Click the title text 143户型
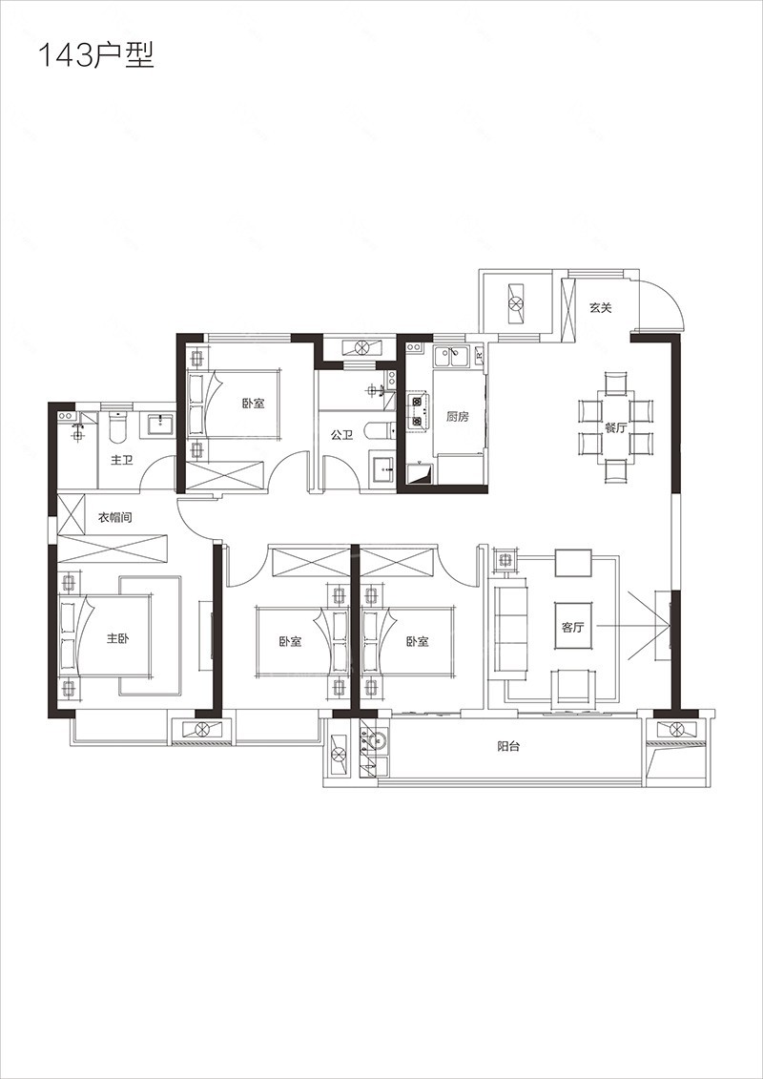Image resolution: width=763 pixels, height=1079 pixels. coord(95,55)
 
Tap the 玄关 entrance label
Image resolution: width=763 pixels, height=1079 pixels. coord(600,307)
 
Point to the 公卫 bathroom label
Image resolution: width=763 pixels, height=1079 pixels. coord(341,435)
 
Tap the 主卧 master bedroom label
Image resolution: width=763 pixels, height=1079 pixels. coord(117,638)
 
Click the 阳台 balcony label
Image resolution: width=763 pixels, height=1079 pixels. coord(508,747)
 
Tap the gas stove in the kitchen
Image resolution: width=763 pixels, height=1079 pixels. coord(417,411)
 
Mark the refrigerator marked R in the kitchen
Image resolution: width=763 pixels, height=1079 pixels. coord(479,356)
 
